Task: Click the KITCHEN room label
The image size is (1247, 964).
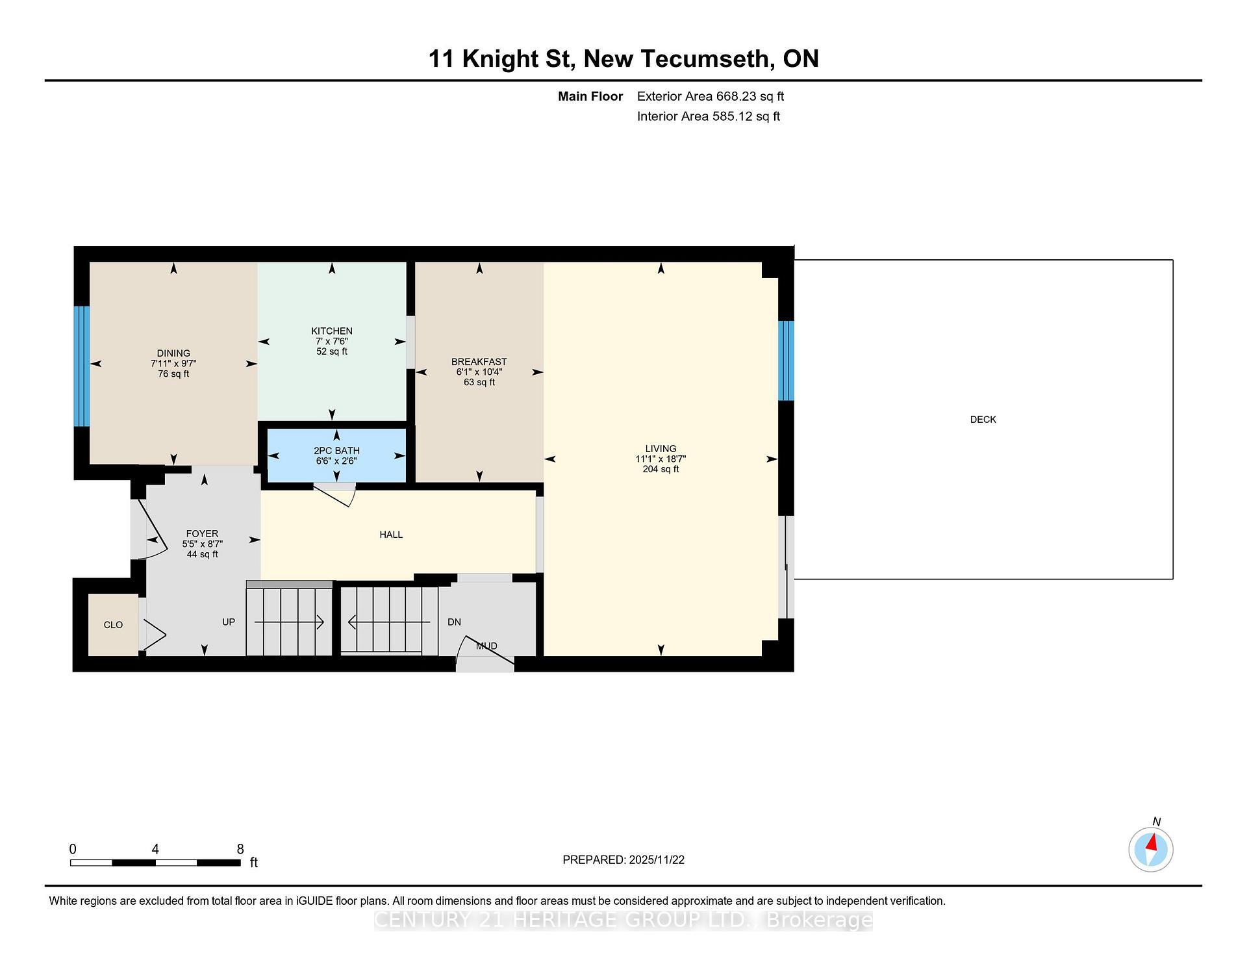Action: (x=331, y=331)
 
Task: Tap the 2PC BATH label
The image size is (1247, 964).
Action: (x=336, y=451)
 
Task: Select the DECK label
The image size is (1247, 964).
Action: (x=983, y=420)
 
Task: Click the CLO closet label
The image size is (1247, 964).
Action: (x=113, y=625)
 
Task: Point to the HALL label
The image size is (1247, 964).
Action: (x=391, y=535)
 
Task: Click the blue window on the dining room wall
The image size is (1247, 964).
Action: (x=81, y=366)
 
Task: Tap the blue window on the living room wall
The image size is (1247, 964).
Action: (x=786, y=361)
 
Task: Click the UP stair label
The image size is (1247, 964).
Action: (x=229, y=622)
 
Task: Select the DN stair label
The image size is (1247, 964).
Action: (x=454, y=622)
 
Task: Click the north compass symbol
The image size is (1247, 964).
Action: (x=1151, y=849)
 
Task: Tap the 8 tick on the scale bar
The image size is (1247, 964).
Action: (x=240, y=849)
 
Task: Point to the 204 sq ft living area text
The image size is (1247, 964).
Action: (x=661, y=469)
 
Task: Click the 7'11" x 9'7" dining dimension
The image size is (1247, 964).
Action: (x=173, y=364)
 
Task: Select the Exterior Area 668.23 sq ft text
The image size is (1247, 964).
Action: (x=710, y=97)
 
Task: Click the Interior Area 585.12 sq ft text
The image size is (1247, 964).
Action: (x=708, y=116)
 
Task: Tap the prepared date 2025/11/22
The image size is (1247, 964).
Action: (x=657, y=860)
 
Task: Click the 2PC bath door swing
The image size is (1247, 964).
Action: (x=338, y=495)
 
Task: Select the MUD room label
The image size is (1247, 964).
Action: (x=486, y=646)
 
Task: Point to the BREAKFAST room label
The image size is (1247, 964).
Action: (x=479, y=362)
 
